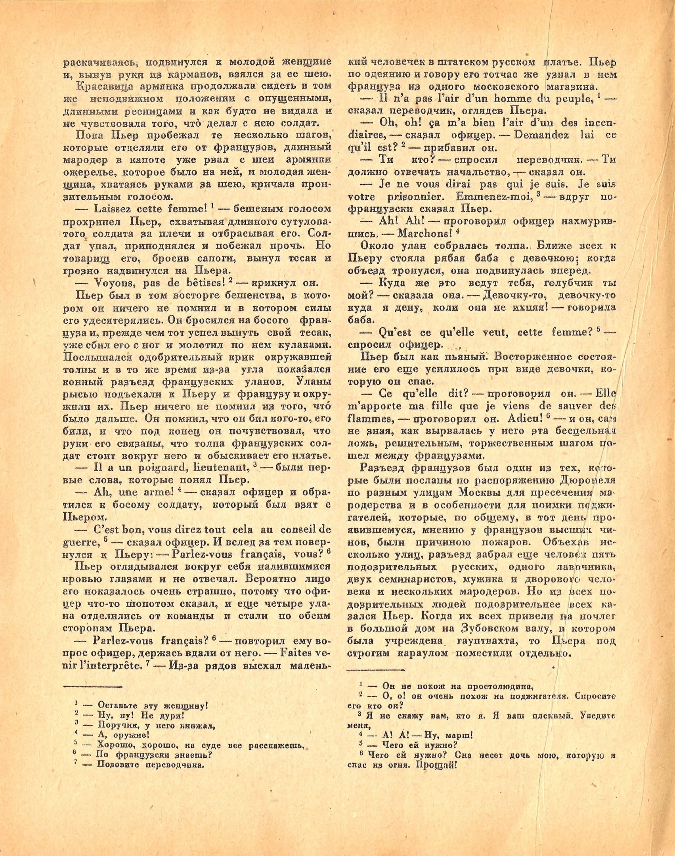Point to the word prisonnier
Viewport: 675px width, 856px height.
pos(415,197)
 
